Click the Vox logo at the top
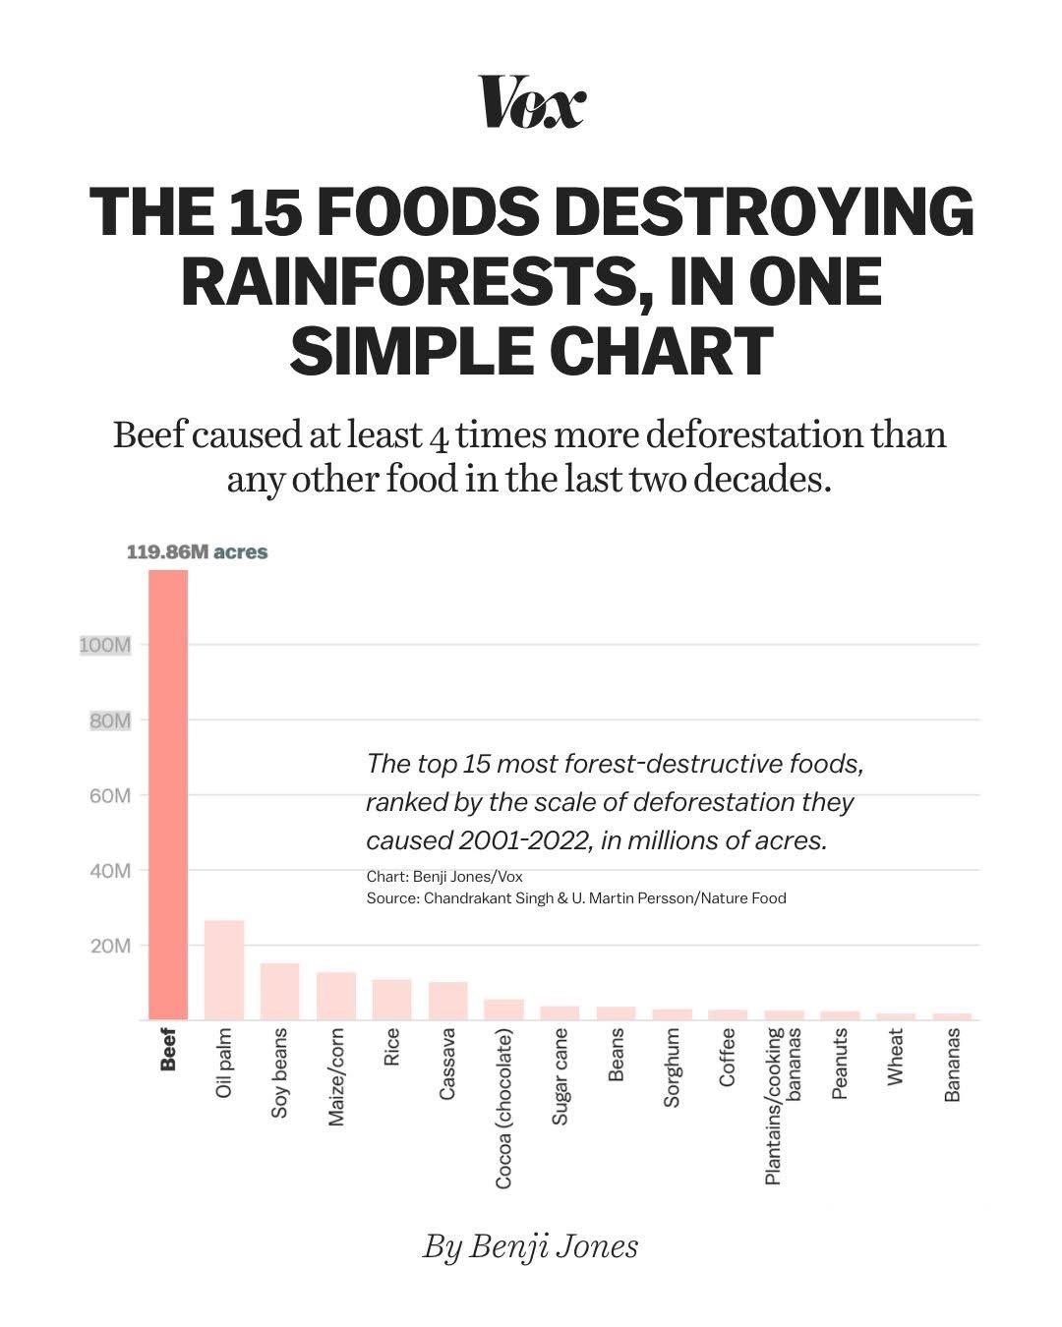tap(532, 102)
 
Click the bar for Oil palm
tap(224, 970)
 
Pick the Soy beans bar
tap(280, 992)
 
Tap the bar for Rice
tap(391, 1000)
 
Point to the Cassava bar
tap(447, 1001)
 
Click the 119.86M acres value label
tap(197, 552)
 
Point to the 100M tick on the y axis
tap(105, 646)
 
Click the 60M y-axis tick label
tap(109, 795)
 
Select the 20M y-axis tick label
tap(110, 946)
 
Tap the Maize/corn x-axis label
tap(336, 1077)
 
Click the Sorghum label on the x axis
tap(672, 1067)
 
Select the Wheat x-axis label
tap(895, 1057)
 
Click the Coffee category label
tap(728, 1058)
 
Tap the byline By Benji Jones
tap(531, 1246)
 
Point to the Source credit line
tap(575, 897)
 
